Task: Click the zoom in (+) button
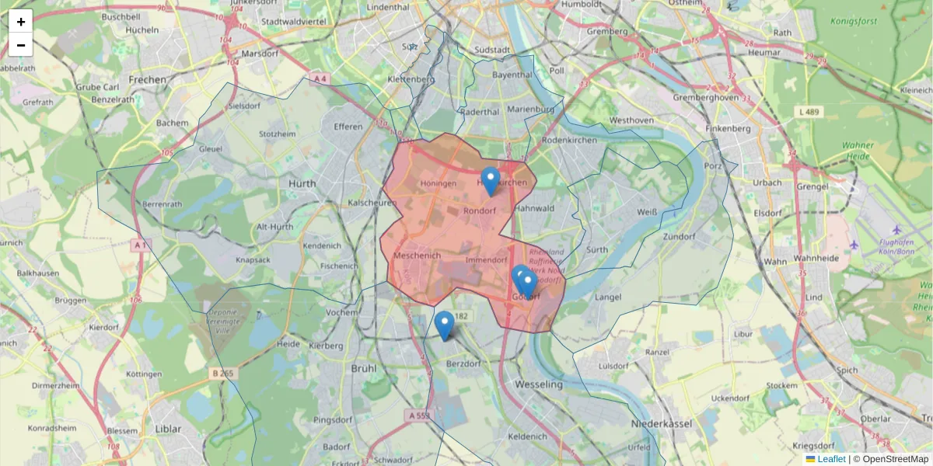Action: (21, 22)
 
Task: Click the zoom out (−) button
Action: (21, 45)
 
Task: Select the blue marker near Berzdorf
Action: (444, 325)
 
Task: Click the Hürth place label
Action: (303, 183)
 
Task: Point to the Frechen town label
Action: (148, 79)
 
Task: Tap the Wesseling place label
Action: (538, 384)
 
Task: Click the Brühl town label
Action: (364, 368)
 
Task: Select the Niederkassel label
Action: (662, 425)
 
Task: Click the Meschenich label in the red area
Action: (418, 256)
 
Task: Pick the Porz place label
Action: (712, 166)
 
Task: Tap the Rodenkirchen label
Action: (569, 141)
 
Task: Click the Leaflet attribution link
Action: (830, 459)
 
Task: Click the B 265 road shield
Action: (223, 374)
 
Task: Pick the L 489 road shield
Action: (809, 113)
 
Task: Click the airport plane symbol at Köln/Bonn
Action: (896, 230)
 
